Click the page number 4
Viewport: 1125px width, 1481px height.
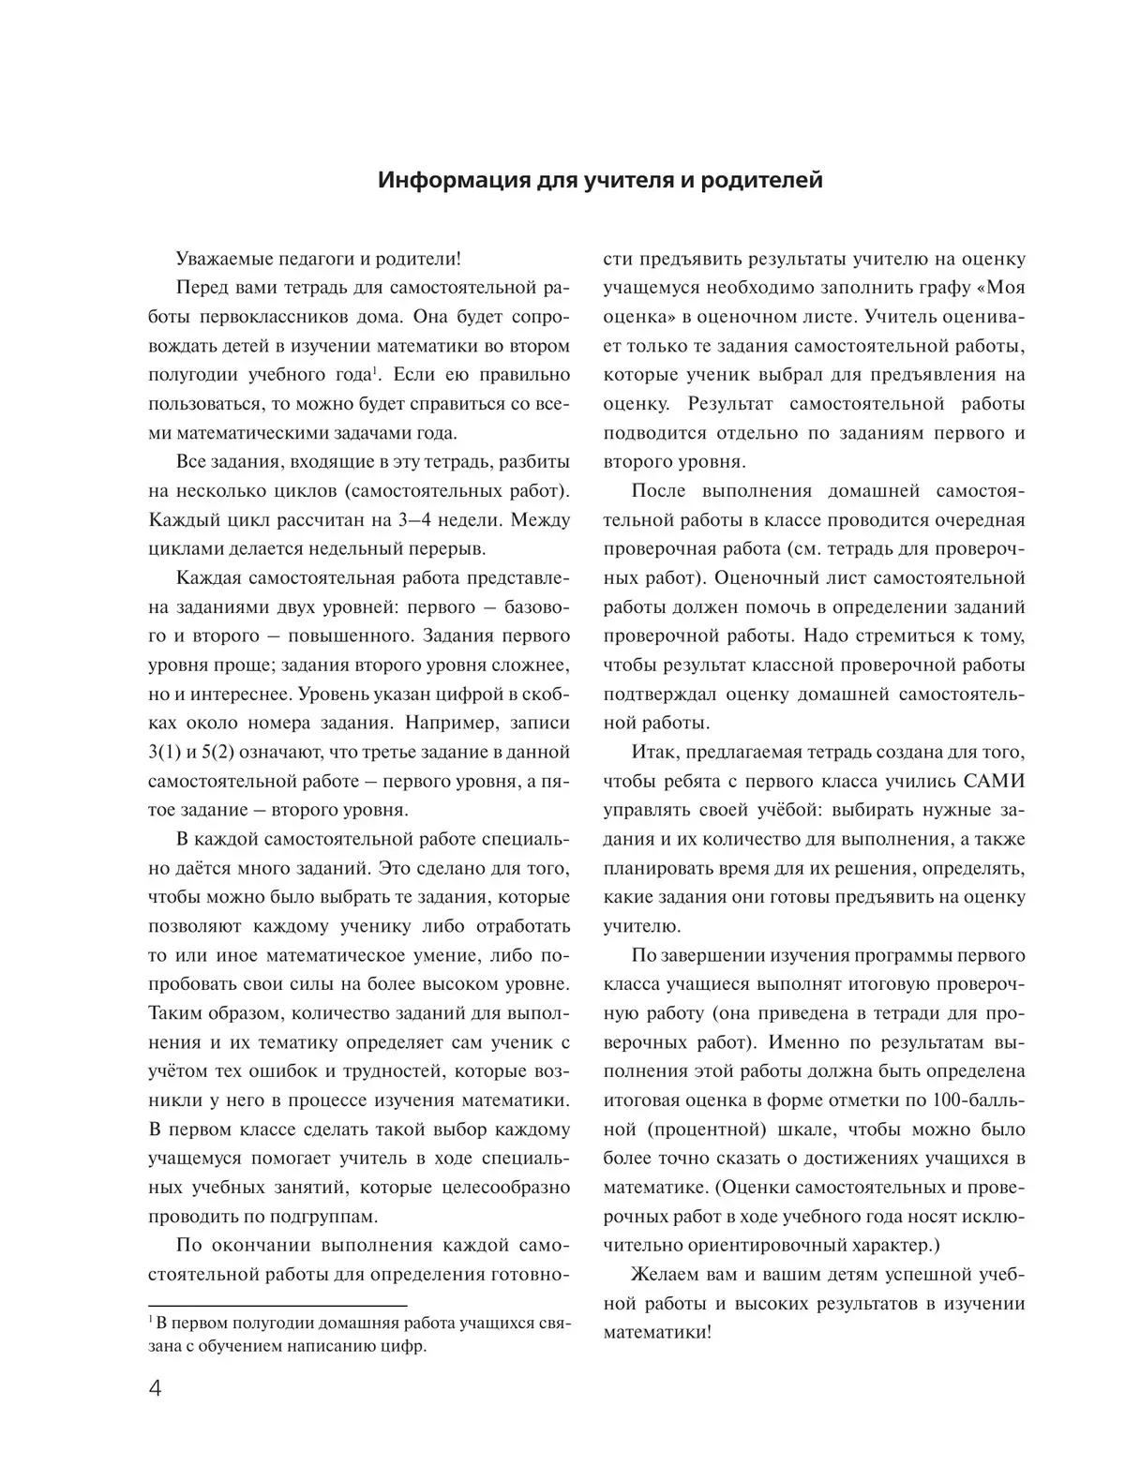pyautogui.click(x=156, y=1388)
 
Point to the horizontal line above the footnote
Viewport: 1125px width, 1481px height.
pyautogui.click(x=277, y=1306)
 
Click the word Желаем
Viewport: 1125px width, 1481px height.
pyautogui.click(x=667, y=1275)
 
